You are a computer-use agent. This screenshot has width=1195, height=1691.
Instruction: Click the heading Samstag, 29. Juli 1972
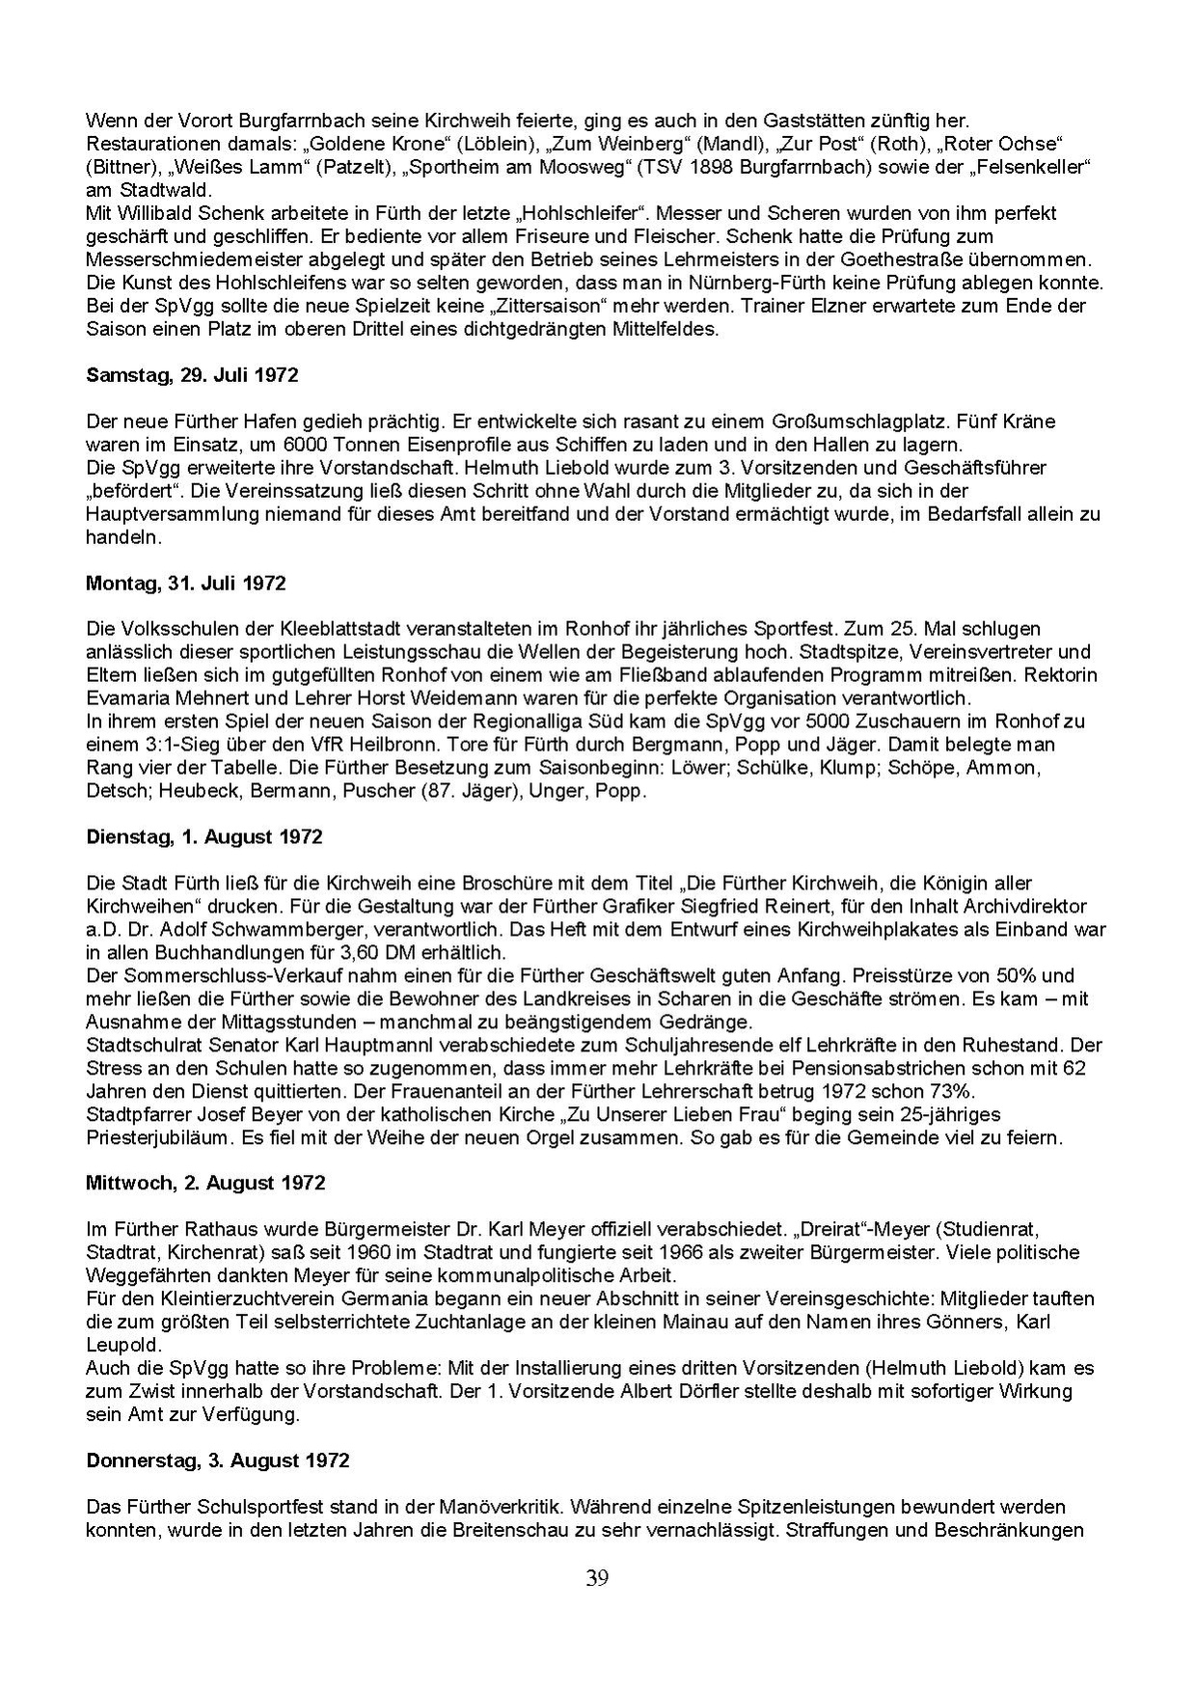click(192, 375)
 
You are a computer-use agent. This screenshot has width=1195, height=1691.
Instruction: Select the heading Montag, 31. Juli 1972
click(185, 584)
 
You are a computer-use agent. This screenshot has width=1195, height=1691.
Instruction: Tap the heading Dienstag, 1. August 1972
click(204, 837)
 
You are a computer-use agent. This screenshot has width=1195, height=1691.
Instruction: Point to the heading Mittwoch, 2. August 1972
click(205, 1183)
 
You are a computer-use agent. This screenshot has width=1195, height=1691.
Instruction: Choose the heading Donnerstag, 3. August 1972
click(217, 1460)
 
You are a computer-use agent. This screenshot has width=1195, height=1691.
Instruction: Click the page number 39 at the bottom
click(597, 1579)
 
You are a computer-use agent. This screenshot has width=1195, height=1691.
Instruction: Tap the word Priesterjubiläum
click(160, 1137)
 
